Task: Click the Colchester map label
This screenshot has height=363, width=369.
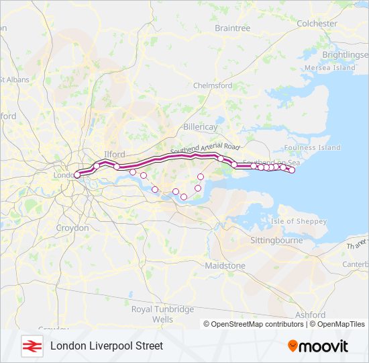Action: tap(317, 24)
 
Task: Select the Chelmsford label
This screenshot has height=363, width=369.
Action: tap(213, 86)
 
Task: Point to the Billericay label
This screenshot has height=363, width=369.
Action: tap(201, 126)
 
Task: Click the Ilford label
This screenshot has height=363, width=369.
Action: tap(114, 155)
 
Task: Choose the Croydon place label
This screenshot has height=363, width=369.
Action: tap(72, 228)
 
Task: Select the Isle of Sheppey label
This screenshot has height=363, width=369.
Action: tap(299, 221)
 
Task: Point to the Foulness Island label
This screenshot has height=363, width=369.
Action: tap(312, 148)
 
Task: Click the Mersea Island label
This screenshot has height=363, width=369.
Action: tap(329, 68)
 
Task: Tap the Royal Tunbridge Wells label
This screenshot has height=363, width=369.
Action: tap(162, 315)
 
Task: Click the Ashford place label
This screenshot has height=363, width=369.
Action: tap(309, 315)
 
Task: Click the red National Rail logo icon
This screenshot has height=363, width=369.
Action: tap(30, 346)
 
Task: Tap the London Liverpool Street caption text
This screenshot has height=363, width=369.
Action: tap(107, 346)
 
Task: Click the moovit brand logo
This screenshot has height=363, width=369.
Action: tap(318, 346)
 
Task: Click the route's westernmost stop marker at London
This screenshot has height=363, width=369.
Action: tap(76, 175)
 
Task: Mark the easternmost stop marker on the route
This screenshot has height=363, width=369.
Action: tap(292, 170)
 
